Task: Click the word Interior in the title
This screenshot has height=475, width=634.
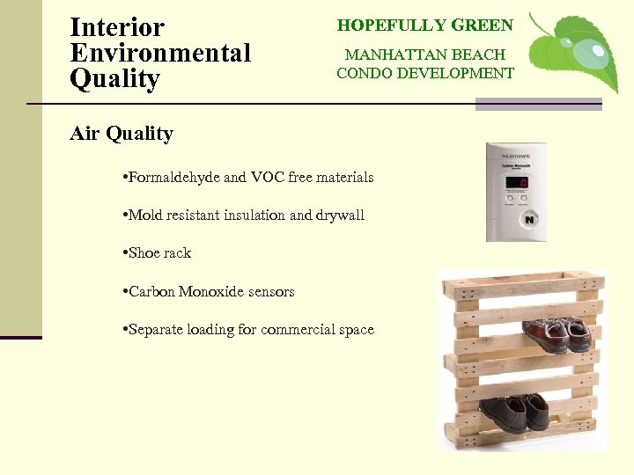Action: click(116, 26)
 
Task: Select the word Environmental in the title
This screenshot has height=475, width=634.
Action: click(160, 53)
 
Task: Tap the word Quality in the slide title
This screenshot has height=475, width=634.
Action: click(114, 79)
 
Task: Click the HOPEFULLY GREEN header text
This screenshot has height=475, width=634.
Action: click(425, 26)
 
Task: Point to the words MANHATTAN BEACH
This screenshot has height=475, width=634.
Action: click(425, 55)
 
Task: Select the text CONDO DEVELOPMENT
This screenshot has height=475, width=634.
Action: click(425, 73)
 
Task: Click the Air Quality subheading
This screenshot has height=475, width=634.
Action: click(122, 134)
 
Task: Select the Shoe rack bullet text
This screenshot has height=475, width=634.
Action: click(159, 253)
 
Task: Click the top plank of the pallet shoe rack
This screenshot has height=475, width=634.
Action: click(523, 284)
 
